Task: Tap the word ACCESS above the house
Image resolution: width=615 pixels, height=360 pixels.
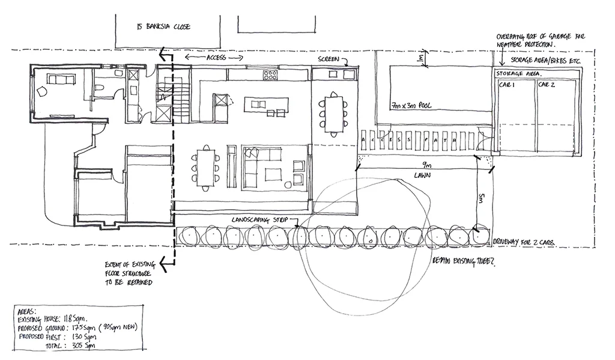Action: [x=216, y=58]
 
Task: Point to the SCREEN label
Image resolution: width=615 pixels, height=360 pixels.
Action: [x=329, y=60]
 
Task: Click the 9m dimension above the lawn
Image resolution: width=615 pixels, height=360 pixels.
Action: [x=426, y=165]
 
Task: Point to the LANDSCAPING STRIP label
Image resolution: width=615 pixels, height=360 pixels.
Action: [x=259, y=221]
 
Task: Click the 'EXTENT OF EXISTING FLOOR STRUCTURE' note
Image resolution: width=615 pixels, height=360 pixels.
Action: [x=129, y=273]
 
